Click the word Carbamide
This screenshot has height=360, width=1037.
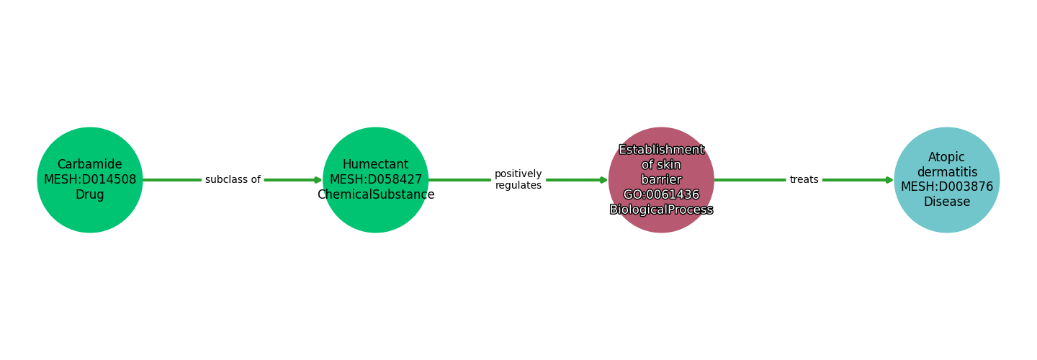[90, 165]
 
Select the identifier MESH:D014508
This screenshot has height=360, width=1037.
[90, 180]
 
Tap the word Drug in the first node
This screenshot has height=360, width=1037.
[90, 195]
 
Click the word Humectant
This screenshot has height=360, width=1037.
[375, 165]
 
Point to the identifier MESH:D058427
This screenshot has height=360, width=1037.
[375, 180]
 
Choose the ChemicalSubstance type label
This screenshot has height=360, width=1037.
[375, 195]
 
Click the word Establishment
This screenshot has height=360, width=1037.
[661, 150]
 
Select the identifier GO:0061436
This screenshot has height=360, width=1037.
[661, 195]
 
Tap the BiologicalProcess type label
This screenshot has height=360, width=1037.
[661, 210]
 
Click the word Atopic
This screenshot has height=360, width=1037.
[946, 158]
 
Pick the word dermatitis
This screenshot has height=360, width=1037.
[946, 173]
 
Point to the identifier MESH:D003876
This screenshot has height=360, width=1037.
[946, 187]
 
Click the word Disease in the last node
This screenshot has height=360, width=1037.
[946, 202]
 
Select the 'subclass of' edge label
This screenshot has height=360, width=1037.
[233, 180]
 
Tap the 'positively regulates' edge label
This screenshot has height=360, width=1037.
[518, 180]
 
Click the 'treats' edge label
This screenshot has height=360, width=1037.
[804, 180]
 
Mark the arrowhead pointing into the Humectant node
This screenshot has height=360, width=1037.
[318, 180]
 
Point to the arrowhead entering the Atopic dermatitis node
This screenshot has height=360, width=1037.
[889, 180]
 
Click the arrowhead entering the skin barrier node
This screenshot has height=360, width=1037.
[603, 180]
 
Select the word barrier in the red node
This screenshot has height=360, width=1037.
[661, 180]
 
